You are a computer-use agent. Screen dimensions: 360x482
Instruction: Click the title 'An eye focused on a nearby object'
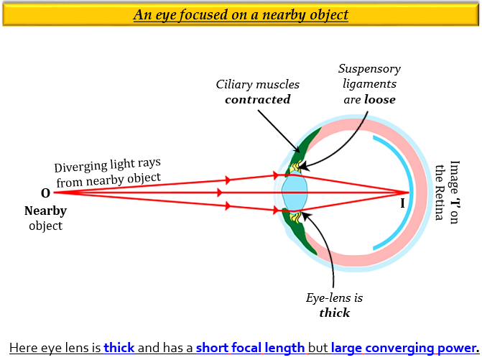(x=241, y=14)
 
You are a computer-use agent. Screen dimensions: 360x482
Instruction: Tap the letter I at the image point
(x=402, y=203)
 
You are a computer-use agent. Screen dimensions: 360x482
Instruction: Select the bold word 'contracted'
(x=257, y=100)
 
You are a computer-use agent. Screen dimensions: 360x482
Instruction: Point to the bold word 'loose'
(x=379, y=100)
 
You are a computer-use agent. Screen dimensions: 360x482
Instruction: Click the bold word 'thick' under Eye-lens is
(x=334, y=313)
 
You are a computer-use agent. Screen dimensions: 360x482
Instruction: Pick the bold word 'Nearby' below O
(x=45, y=211)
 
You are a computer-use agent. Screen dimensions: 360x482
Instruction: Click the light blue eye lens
(x=295, y=192)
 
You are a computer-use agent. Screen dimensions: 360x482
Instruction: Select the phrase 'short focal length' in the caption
(x=250, y=348)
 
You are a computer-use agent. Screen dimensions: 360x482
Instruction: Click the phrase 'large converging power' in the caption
(x=395, y=348)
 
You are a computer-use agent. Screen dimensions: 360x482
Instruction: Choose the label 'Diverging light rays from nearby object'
(x=108, y=172)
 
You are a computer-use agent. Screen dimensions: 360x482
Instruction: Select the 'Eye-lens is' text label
(x=335, y=297)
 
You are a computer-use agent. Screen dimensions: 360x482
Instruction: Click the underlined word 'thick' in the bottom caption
(x=119, y=348)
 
